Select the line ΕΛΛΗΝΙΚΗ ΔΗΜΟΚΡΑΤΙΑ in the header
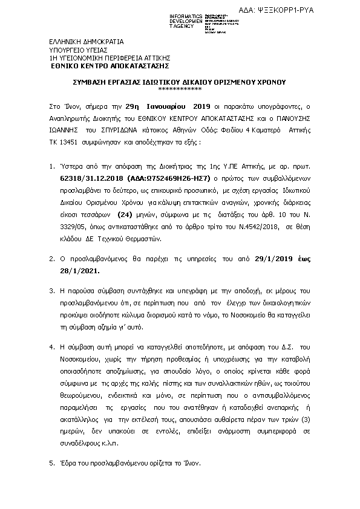point(86,42)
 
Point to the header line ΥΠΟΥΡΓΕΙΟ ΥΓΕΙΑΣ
point(79,50)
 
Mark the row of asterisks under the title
point(180,89)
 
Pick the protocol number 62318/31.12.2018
point(90,180)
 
